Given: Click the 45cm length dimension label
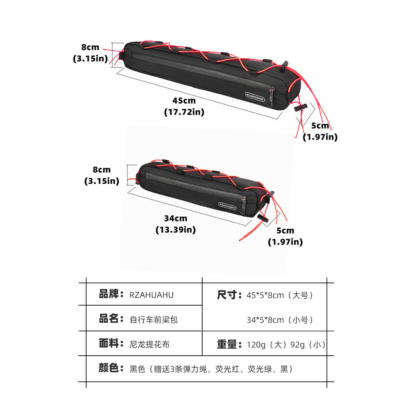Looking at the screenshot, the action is (184, 101).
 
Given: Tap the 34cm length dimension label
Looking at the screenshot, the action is (176, 218).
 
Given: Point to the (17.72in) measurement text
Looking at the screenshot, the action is (184, 112).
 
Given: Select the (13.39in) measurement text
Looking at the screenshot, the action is (176, 230).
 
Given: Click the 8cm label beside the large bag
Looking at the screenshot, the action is (90, 47).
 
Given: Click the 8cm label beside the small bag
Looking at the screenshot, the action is (102, 170).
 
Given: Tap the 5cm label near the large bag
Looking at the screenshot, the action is (320, 126).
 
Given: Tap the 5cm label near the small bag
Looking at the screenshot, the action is (285, 231).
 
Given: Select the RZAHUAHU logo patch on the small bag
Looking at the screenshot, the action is (228, 206).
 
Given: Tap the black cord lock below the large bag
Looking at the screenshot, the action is (300, 107).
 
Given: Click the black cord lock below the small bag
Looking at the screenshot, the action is (263, 218).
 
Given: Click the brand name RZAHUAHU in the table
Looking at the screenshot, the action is (152, 295).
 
